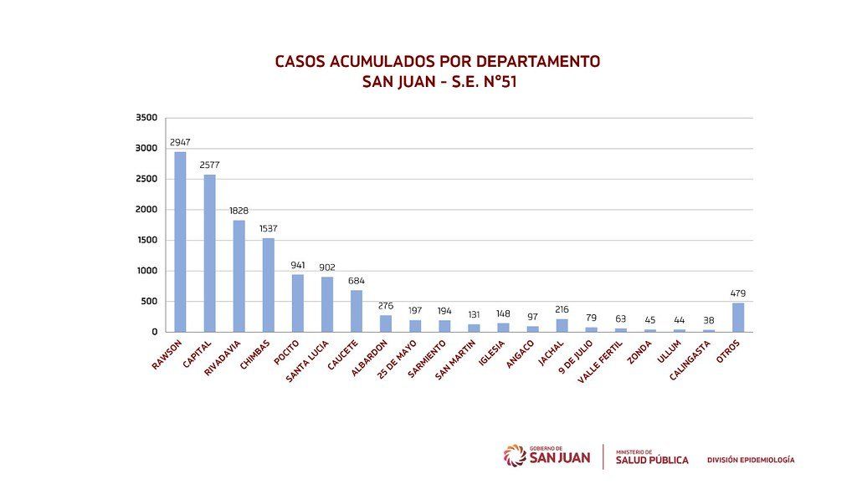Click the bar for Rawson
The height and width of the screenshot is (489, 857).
(180, 242)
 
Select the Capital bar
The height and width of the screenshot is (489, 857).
(209, 253)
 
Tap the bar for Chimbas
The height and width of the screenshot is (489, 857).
(269, 285)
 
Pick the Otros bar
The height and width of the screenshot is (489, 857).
(738, 317)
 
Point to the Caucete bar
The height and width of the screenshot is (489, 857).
(357, 311)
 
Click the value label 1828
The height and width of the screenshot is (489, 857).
(239, 211)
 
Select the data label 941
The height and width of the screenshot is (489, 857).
(298, 265)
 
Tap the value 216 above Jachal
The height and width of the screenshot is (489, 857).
(562, 309)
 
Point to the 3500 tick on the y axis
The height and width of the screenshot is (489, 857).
(146, 117)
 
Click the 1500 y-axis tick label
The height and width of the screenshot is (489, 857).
(146, 240)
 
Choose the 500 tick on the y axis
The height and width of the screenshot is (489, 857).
(149, 301)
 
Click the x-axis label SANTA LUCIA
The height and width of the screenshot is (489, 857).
(307, 361)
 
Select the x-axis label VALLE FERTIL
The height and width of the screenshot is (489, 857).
(600, 361)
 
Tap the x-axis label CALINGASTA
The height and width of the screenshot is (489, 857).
(690, 360)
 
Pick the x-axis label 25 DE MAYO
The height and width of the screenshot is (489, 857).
(397, 359)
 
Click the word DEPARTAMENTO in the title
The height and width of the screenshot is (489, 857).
(538, 61)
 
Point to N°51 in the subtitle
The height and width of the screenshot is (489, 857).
(500, 82)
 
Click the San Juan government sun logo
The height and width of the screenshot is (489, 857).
(515, 456)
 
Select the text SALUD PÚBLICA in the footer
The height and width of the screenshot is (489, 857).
(652, 460)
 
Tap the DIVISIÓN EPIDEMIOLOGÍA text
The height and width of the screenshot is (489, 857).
(751, 460)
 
